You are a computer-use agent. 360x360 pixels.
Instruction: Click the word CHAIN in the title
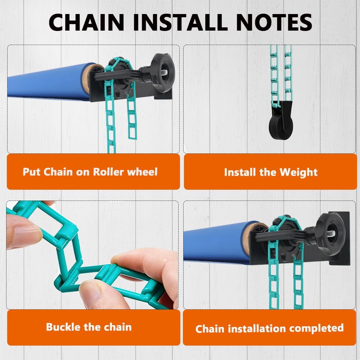pos(86,22)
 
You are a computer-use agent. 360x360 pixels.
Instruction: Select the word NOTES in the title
pos(274,22)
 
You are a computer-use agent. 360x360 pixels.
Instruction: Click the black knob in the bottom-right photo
pos(331,234)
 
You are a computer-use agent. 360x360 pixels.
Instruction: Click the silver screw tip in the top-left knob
pos(165,72)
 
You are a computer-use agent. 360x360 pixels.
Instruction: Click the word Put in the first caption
pos(31,172)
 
